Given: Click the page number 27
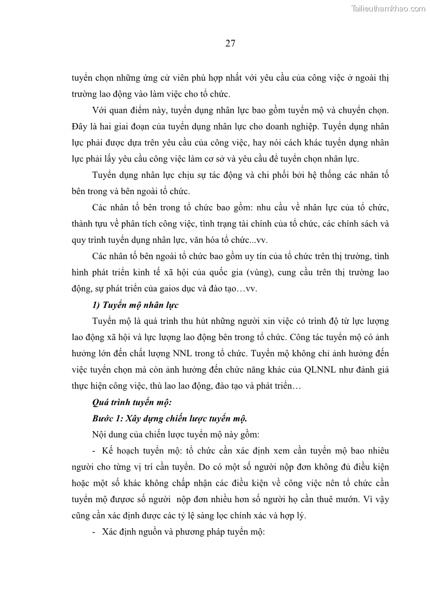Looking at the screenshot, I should click(230, 44).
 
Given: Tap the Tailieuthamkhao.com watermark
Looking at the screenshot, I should click(389, 8).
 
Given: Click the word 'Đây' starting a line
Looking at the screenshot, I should click(80, 126).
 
